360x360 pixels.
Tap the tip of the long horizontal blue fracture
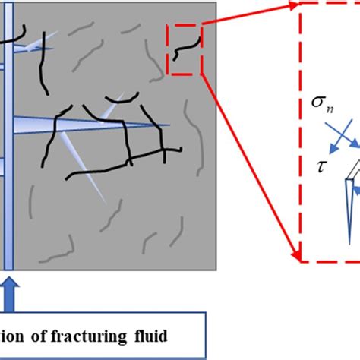tap(169, 125)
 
